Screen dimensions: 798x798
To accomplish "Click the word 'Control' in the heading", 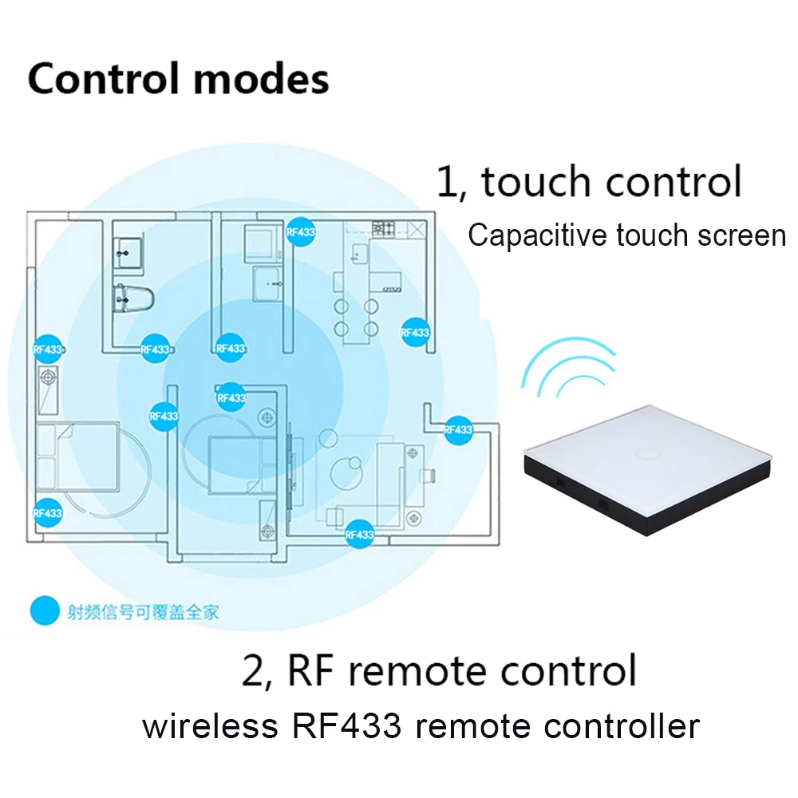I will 97,79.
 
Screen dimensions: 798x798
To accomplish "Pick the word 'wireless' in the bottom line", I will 205,726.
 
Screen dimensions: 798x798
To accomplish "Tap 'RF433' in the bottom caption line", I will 342,726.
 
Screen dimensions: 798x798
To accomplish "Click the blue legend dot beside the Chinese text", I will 45,610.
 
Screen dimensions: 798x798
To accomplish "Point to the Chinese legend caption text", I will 143,612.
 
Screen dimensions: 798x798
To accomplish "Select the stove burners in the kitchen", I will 384,227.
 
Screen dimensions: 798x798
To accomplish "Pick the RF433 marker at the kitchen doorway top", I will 301,232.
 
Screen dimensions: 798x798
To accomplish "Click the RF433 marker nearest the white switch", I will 458,429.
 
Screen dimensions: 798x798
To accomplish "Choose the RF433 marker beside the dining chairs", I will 415,332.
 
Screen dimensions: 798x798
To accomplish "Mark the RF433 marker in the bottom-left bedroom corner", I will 47,512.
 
